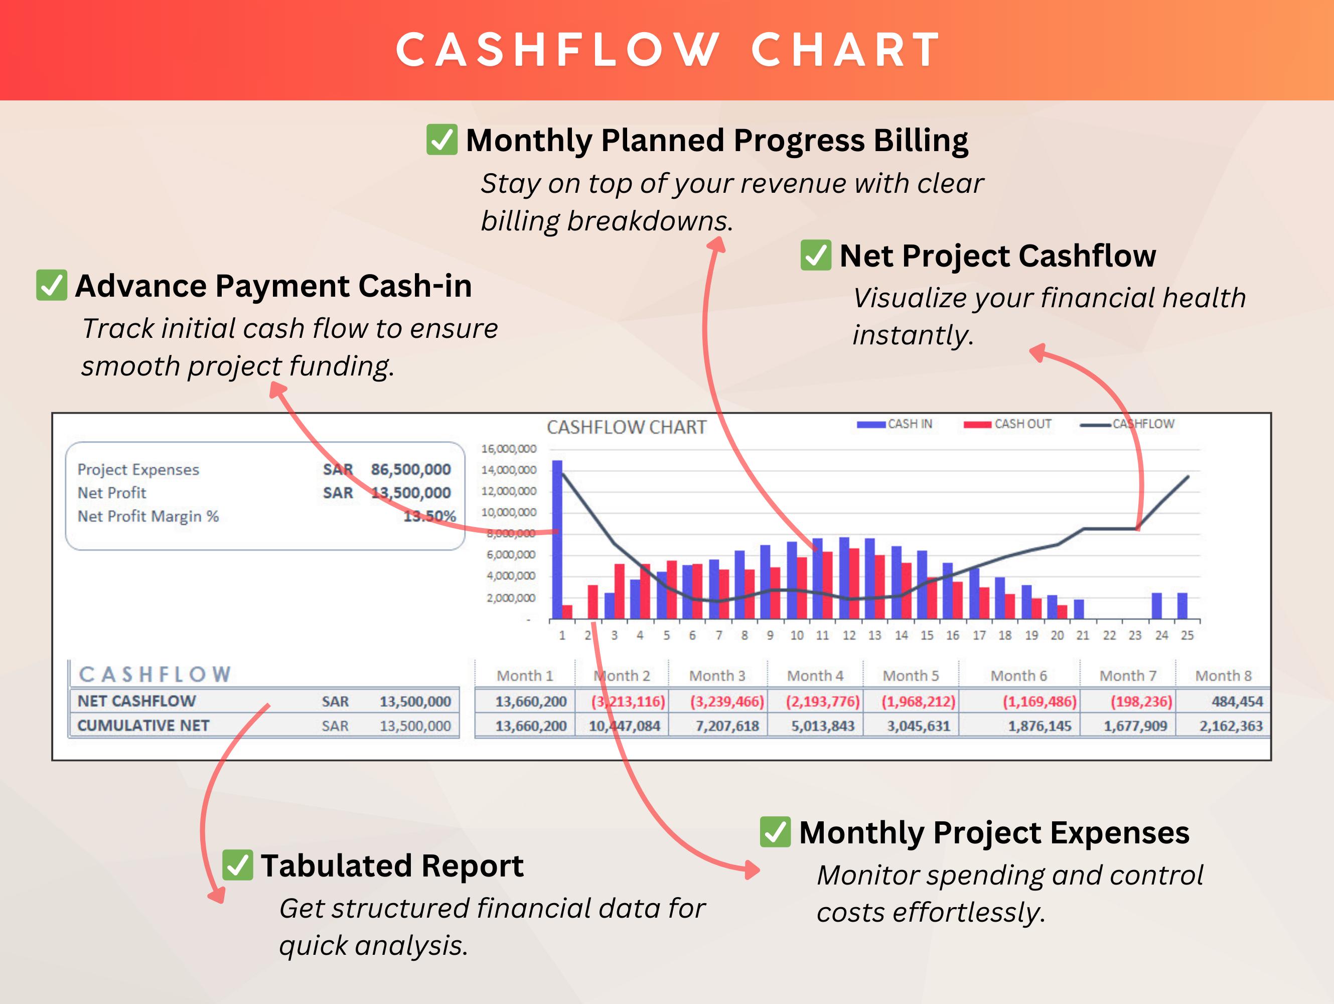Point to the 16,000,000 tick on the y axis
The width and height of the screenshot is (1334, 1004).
tap(508, 449)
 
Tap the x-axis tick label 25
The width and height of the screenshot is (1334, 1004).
tap(1187, 636)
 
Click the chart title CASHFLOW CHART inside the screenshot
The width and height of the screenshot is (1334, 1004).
tap(626, 427)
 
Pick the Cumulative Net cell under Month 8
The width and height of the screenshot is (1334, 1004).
tap(1230, 726)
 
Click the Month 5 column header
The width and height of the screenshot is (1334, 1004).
tap(911, 676)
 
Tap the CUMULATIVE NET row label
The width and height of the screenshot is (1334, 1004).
tap(143, 726)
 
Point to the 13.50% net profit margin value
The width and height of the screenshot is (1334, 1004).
tap(429, 517)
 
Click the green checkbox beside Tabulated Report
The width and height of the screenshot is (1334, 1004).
tap(238, 865)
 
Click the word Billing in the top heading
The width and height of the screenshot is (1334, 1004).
tap(921, 141)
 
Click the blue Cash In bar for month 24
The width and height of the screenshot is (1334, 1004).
tap(1157, 606)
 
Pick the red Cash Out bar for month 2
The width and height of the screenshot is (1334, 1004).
tap(593, 601)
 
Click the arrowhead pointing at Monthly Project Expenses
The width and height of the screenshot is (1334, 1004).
tap(753, 869)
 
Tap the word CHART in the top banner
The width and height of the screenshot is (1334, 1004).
tap(846, 50)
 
